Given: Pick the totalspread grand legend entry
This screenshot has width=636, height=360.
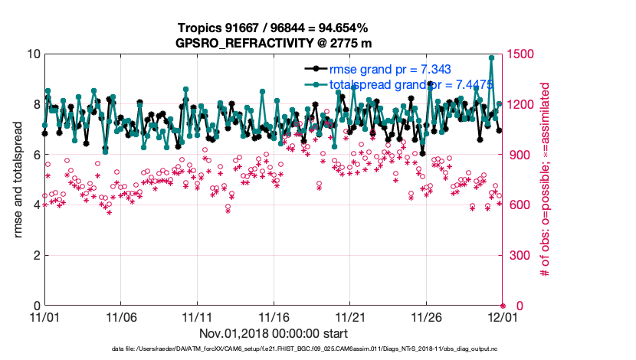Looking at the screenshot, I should click(x=399, y=84).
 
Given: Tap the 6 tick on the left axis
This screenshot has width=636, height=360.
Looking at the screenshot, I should click(x=34, y=155).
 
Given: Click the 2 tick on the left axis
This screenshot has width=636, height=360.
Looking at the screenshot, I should click(x=34, y=255).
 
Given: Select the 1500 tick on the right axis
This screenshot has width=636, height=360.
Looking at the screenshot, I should click(x=524, y=54).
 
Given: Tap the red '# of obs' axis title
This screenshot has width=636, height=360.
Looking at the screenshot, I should click(x=546, y=179).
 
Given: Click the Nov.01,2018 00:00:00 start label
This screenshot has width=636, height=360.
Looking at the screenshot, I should click(x=274, y=334).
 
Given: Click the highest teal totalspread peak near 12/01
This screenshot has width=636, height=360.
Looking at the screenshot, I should click(x=491, y=57).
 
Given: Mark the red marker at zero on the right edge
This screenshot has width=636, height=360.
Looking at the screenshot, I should click(x=503, y=306).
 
